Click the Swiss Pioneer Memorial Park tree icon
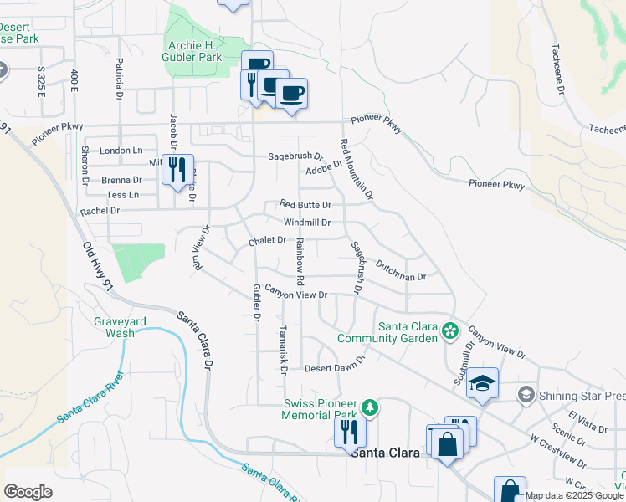tap(370, 407)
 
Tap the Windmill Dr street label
tap(307, 223)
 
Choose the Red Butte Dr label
tap(305, 204)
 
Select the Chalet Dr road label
tap(268, 241)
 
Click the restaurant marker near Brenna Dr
tap(177, 170)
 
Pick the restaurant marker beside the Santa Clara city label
tap(349, 432)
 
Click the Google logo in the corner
tap(28, 492)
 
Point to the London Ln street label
tap(121, 151)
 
